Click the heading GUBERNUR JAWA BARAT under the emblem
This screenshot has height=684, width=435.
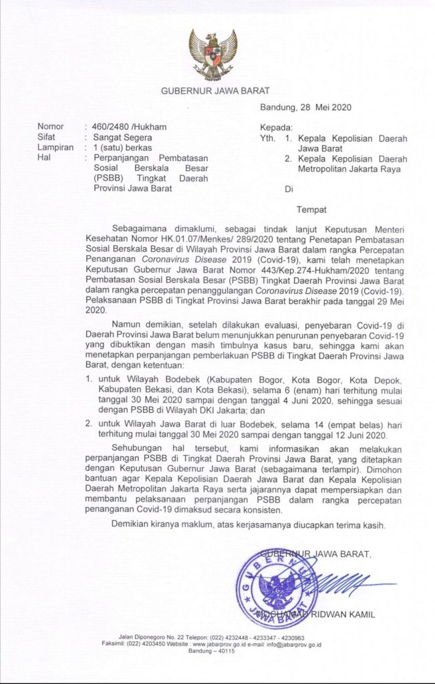(217, 92)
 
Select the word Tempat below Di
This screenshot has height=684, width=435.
(311, 209)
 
